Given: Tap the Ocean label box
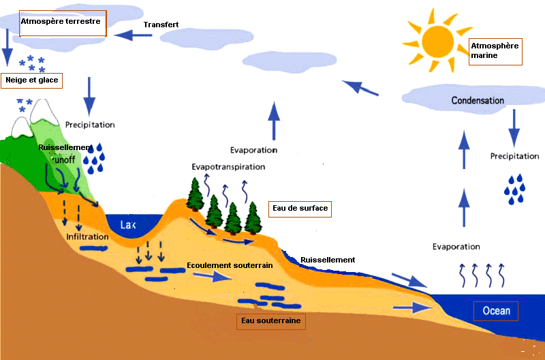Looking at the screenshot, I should point(496,312).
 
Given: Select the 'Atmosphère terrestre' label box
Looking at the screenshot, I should point(61,22).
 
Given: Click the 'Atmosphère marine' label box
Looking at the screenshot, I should point(495,51).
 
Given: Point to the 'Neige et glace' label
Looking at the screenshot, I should point(31,80).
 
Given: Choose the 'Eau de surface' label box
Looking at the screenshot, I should point(299,208).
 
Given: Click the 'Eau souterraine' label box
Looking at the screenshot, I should point(270,320).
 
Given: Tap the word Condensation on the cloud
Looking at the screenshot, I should point(478,100).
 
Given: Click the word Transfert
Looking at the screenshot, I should point(161,25).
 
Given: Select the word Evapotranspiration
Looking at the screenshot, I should point(228,166).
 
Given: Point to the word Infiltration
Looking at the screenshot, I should point(87,237).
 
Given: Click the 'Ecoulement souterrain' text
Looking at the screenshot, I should point(230,265).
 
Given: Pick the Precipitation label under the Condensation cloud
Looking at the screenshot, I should point(514,156).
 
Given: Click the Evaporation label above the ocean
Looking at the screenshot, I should point(456,246).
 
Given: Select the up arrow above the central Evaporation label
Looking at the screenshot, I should point(273,119).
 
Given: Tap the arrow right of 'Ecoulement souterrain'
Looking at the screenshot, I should point(212,277).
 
